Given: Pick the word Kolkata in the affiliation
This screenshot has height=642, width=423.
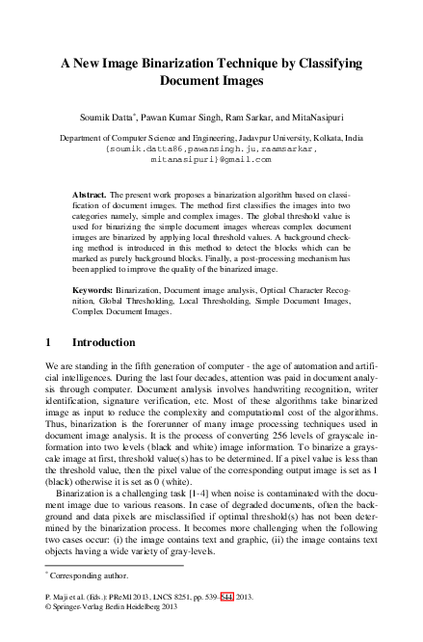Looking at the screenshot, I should [334, 139].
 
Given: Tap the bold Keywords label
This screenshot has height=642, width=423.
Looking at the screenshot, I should [93, 290].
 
